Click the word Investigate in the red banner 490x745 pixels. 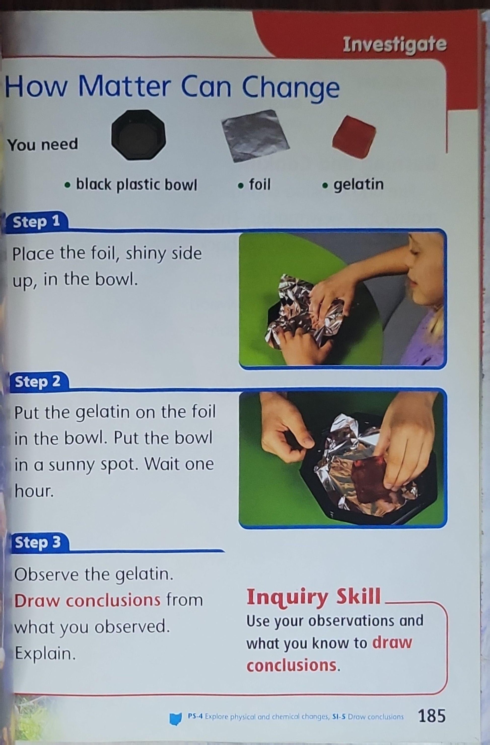click(395, 45)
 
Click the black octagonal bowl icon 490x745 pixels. click(138, 135)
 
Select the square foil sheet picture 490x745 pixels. click(255, 136)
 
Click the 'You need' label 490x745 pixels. click(43, 145)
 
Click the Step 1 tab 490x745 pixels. click(36, 222)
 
